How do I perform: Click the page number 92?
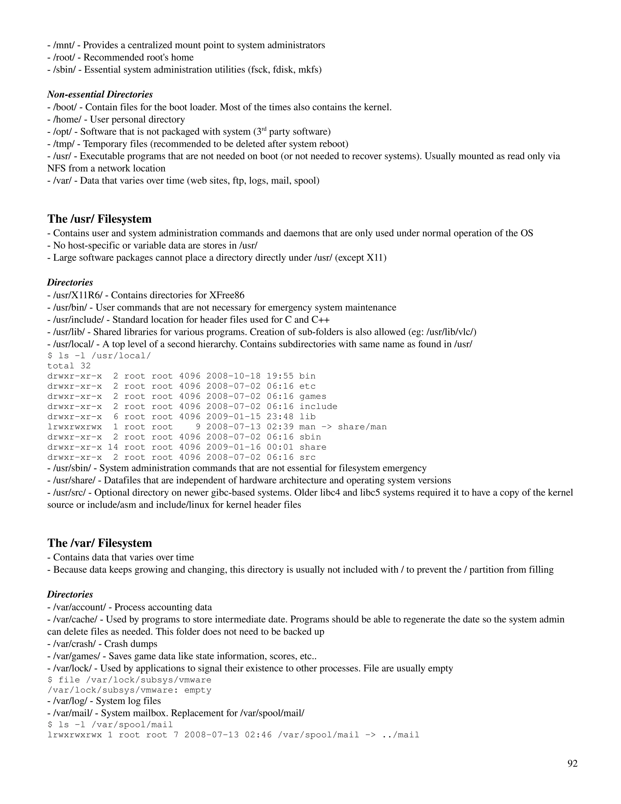tap(572, 764)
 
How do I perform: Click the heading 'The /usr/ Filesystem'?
tap(99, 219)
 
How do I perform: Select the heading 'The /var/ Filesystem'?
tap(99, 543)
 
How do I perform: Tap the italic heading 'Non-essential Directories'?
tap(100, 94)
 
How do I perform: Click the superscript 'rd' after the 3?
tap(264, 129)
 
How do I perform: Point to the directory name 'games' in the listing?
tap(313, 397)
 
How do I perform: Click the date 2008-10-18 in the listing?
tap(233, 376)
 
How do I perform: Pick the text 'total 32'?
tap(69, 366)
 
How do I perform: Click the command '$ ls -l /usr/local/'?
tap(99, 356)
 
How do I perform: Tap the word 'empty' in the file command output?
tap(198, 690)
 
